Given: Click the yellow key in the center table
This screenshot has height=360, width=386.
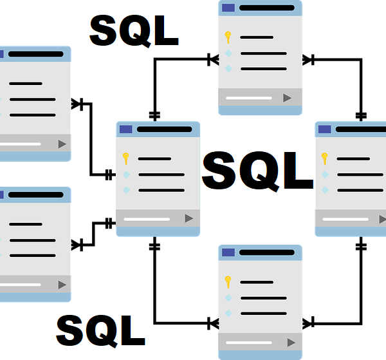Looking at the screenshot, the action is [x=126, y=158].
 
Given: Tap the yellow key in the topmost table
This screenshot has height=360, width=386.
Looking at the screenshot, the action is [x=228, y=37].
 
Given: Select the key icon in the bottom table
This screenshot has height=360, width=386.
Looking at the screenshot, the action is [x=228, y=282].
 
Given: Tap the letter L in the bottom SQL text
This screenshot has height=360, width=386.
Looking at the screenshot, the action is [x=134, y=330].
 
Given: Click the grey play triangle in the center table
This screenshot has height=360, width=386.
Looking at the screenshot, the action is [x=188, y=218].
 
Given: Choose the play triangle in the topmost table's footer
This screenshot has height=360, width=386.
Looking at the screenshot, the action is [x=288, y=98].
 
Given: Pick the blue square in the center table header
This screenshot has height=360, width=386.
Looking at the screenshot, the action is [x=126, y=129].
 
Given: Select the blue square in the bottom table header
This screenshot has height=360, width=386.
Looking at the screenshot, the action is [x=228, y=252].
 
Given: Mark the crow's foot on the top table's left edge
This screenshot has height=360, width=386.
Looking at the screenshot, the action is [x=213, y=60].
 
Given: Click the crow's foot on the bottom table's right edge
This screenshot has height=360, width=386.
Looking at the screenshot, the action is [x=308, y=323].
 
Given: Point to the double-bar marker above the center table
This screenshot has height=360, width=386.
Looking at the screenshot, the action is [x=154, y=115].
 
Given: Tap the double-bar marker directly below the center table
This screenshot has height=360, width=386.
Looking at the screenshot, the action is [x=154, y=247].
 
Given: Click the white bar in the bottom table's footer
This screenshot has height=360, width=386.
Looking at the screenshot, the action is [x=249, y=343].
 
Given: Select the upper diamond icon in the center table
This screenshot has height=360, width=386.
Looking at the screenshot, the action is [x=126, y=175].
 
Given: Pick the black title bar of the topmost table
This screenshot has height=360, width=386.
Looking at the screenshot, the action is [x=267, y=8].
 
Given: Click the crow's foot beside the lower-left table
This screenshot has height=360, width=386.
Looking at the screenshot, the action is [x=77, y=245].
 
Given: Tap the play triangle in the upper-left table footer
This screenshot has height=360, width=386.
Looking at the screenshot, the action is [x=62, y=144].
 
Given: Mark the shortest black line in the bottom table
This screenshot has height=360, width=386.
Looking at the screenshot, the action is [x=257, y=282].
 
